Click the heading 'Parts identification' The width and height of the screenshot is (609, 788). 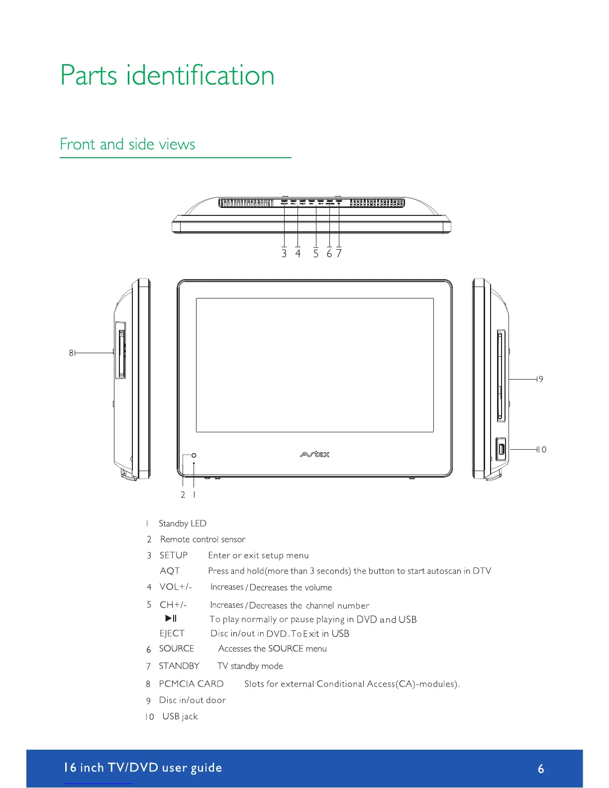(x=167, y=76)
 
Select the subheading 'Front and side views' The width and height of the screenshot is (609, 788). (x=127, y=144)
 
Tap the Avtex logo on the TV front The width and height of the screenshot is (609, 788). (x=314, y=454)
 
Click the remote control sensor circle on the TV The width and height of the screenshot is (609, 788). (x=194, y=455)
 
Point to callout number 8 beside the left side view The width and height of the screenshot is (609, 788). (x=71, y=353)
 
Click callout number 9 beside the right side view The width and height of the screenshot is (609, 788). (x=541, y=379)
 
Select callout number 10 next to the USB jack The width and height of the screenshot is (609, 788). (x=542, y=450)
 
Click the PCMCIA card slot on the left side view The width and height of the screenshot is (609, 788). (x=120, y=350)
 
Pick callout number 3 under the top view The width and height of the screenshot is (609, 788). (x=284, y=254)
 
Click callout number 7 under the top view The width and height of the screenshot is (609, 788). (x=339, y=254)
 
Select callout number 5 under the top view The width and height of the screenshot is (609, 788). (x=316, y=254)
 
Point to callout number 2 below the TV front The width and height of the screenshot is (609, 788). (x=183, y=495)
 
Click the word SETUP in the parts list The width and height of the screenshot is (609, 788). (x=174, y=555)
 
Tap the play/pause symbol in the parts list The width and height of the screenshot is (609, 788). (x=171, y=618)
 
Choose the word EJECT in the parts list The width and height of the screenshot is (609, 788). (x=172, y=633)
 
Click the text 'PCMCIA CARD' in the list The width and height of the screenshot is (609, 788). (x=191, y=684)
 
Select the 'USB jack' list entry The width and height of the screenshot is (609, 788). (x=180, y=716)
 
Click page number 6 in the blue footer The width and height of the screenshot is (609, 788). (x=541, y=769)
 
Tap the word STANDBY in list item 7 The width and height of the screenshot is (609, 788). (x=179, y=666)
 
